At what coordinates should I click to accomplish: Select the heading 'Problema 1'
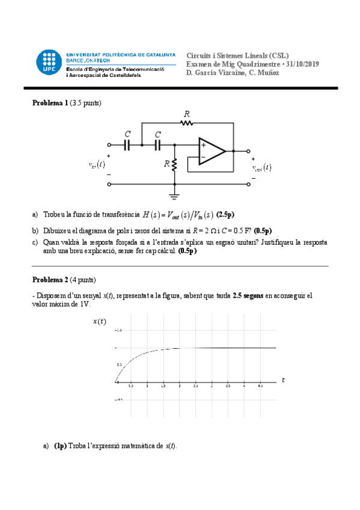pos(50,103)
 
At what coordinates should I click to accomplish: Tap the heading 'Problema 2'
pos(50,280)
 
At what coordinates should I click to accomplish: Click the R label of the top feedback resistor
pos(187,114)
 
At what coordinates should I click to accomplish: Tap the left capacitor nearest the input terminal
pos(127,145)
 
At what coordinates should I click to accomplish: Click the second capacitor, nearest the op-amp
pos(158,145)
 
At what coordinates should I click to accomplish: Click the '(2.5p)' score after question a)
pos(225,215)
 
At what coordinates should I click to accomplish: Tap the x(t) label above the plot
pos(100,321)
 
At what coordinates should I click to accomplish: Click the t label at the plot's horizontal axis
pos(282,380)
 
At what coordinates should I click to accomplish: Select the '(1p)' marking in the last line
pos(60,446)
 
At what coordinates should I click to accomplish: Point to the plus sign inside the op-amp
pos(203,145)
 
